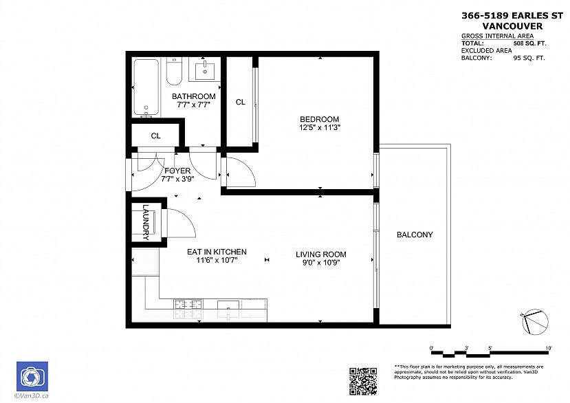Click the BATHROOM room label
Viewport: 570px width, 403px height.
[x=193, y=96]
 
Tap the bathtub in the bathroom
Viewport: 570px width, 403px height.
[x=146, y=87]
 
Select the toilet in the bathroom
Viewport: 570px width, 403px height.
[x=174, y=72]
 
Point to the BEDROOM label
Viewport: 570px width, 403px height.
[x=320, y=119]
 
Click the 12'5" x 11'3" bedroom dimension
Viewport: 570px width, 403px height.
[x=320, y=127]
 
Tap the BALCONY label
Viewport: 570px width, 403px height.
[x=415, y=235]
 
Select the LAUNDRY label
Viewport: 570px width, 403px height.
[x=146, y=222]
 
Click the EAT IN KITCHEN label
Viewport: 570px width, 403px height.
[x=217, y=252]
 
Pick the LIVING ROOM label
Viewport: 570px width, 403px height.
[x=321, y=254]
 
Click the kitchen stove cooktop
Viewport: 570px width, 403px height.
[x=188, y=305]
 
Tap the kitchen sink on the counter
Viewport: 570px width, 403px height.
[x=228, y=305]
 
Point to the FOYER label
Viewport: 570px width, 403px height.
[x=177, y=171]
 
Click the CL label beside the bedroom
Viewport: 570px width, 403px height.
[x=240, y=102]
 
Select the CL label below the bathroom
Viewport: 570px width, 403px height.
[x=155, y=136]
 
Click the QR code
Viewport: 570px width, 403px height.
[x=363, y=382]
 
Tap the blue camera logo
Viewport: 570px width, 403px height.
[x=32, y=376]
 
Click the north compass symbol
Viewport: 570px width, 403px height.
[x=535, y=322]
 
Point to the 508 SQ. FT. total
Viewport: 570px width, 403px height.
[x=529, y=43]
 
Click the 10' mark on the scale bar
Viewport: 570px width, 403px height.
[x=549, y=348]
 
